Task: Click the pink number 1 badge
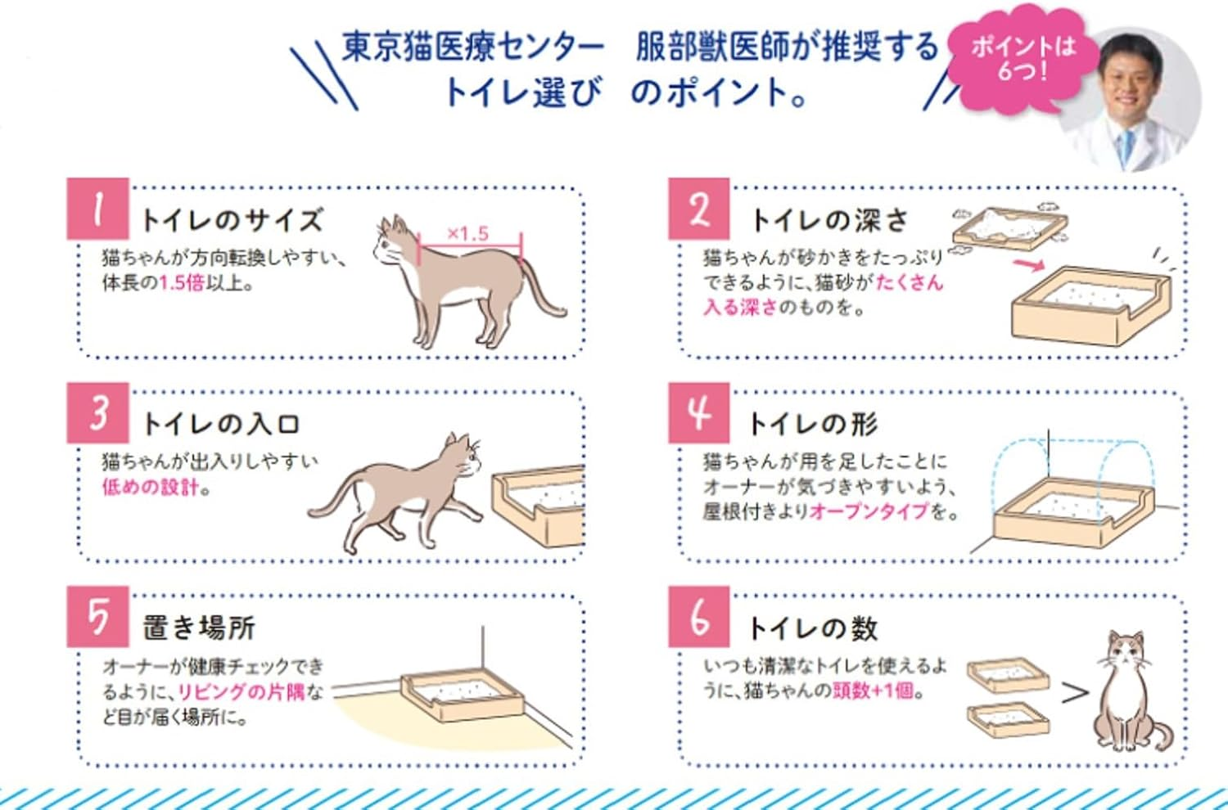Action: (97, 209)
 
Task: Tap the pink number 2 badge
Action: (698, 209)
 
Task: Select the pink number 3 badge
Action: (97, 412)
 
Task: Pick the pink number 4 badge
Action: (698, 412)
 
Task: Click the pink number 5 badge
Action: (97, 616)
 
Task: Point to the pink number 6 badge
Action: (698, 616)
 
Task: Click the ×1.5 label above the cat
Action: (468, 233)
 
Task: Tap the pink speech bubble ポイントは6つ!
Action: (1021, 59)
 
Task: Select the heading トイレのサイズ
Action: (233, 220)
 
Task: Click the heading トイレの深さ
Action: (829, 220)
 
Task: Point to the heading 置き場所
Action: (199, 628)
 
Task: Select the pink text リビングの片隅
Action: (241, 691)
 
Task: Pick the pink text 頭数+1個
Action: (873, 691)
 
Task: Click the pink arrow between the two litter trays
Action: (1028, 263)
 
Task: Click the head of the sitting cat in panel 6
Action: (1126, 651)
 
